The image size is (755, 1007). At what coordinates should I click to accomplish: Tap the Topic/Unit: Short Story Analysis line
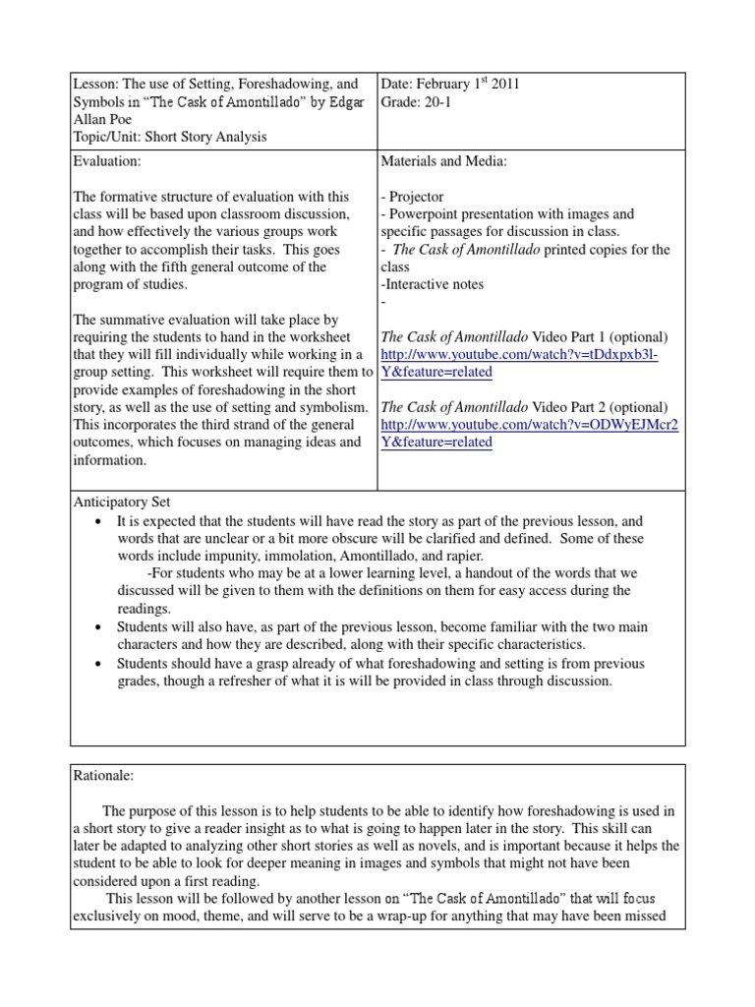(171, 138)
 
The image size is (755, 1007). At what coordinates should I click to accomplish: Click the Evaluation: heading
(110, 160)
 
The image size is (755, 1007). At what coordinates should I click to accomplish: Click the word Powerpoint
(427, 214)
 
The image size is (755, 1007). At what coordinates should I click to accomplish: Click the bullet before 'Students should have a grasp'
(99, 664)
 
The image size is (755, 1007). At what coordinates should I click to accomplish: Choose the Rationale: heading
(103, 776)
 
